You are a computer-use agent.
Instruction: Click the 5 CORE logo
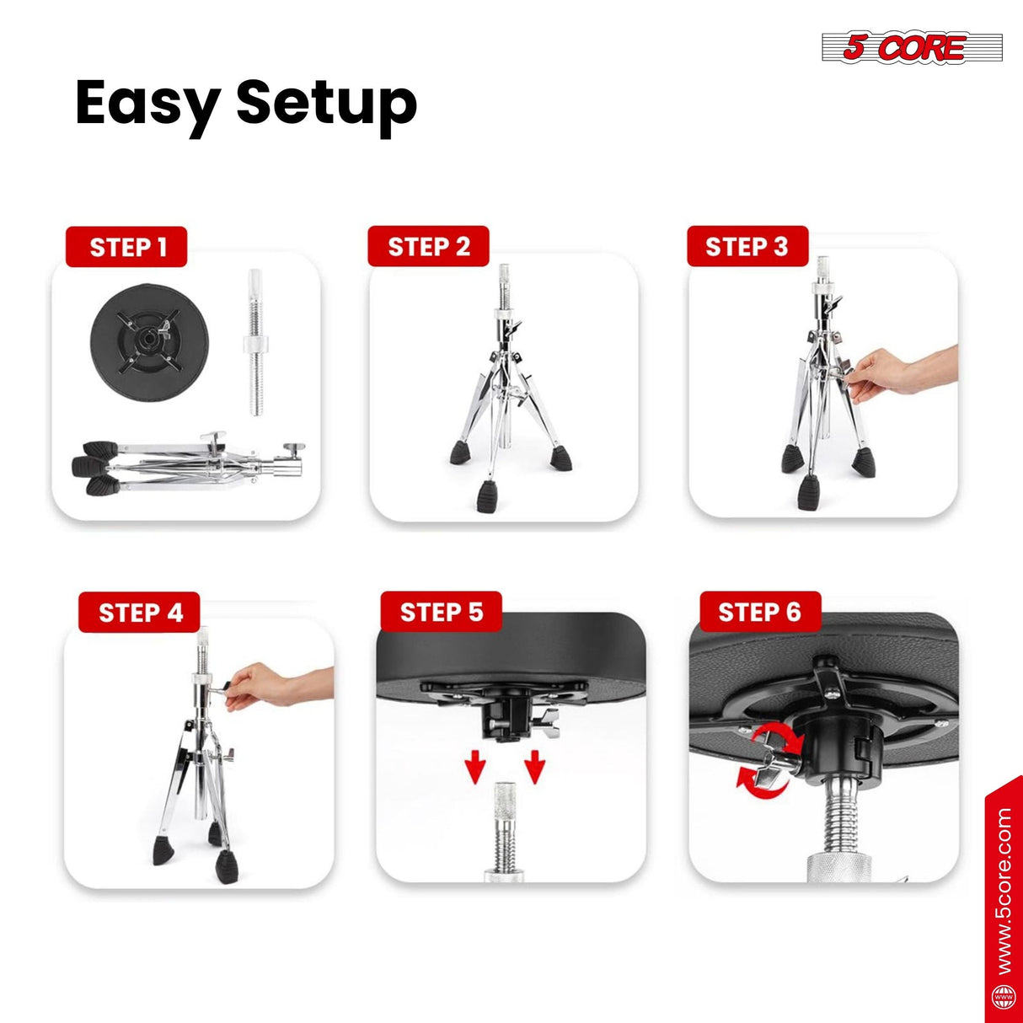click(x=912, y=47)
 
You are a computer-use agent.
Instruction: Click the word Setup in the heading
click(x=326, y=105)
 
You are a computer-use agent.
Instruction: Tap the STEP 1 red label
click(x=126, y=247)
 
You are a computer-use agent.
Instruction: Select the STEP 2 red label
click(x=428, y=246)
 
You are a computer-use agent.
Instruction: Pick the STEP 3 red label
click(x=747, y=246)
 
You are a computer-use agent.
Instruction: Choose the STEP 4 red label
click(x=139, y=612)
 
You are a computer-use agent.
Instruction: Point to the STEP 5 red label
click(x=442, y=612)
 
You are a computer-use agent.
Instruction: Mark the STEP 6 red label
click(x=760, y=612)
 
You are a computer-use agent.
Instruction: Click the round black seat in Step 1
click(x=149, y=344)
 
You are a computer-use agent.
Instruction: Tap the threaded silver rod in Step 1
click(x=256, y=341)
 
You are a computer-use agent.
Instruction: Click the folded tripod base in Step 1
click(x=189, y=463)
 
